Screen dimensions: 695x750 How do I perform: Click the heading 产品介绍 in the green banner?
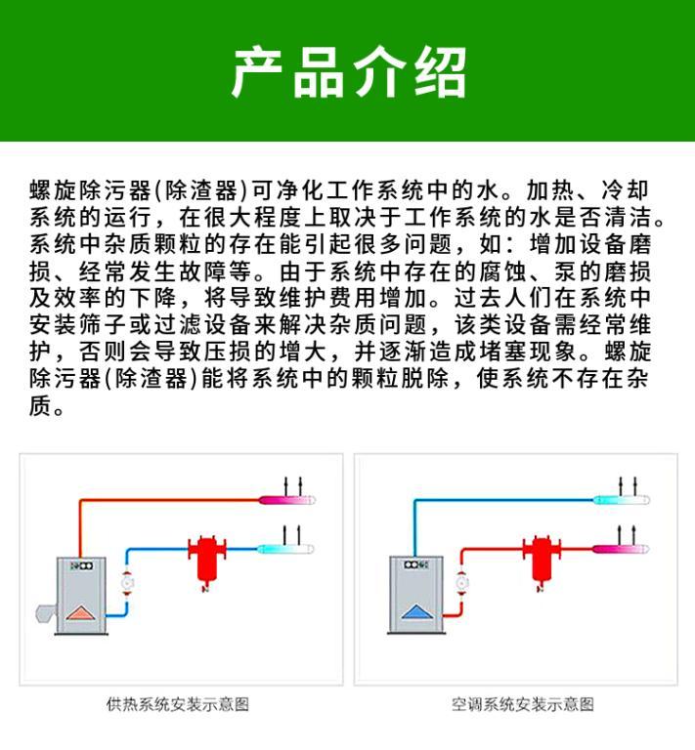point(349,72)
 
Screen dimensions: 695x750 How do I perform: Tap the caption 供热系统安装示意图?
point(178,704)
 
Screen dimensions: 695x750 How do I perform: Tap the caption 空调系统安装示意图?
point(522,704)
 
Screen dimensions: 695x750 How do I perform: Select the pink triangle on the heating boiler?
point(80,612)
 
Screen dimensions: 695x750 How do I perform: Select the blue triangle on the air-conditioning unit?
point(414,612)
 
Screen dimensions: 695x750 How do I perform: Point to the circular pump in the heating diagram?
point(127,583)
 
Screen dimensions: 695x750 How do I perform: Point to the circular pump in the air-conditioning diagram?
point(461,583)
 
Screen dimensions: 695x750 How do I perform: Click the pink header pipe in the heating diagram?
point(287,500)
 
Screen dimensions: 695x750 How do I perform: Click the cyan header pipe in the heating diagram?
point(285,549)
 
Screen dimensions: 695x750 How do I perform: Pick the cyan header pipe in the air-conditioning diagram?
point(622,500)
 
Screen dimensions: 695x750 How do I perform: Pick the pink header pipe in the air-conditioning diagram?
point(621,549)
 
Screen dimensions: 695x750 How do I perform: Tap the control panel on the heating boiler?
point(81,565)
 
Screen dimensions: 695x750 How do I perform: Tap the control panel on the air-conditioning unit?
point(415,564)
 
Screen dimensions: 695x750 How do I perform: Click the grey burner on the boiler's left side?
point(46,613)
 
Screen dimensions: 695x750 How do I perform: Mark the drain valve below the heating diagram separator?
point(206,586)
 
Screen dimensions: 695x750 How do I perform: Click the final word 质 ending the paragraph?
point(41,406)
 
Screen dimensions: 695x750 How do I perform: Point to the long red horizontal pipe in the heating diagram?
point(170,500)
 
